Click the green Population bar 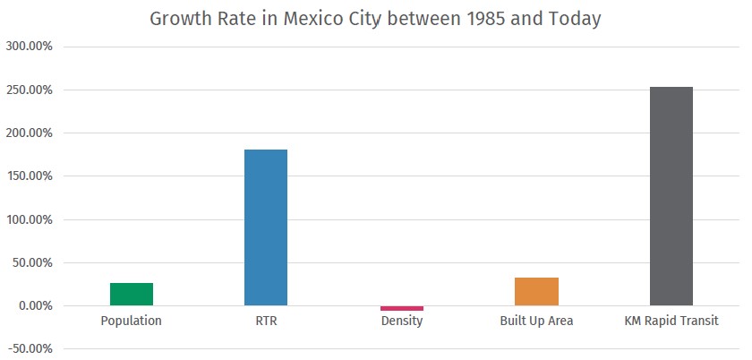132,294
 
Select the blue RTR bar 266,227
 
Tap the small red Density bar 402,308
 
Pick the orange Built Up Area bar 536,291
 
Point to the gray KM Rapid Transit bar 671,196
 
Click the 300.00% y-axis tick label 30,47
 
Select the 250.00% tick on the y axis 30,90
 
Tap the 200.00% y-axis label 30,133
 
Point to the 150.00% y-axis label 30,176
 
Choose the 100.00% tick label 30,219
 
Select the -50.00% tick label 30,349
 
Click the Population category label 132,321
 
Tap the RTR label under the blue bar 266,321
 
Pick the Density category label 402,321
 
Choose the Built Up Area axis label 536,321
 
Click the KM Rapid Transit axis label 671,321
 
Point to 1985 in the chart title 487,19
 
